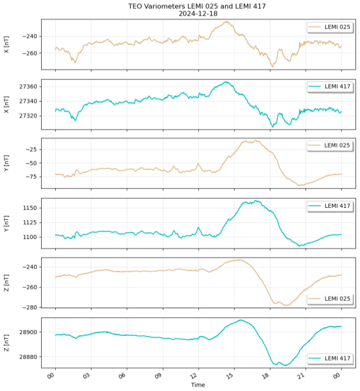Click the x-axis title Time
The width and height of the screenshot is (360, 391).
(x=197, y=385)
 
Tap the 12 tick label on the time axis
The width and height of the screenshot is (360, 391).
(x=195, y=375)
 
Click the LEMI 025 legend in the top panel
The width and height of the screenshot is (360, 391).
(x=330, y=27)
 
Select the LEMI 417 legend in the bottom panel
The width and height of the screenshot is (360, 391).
(x=330, y=358)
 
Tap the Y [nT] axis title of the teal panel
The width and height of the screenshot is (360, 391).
(x=6, y=223)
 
